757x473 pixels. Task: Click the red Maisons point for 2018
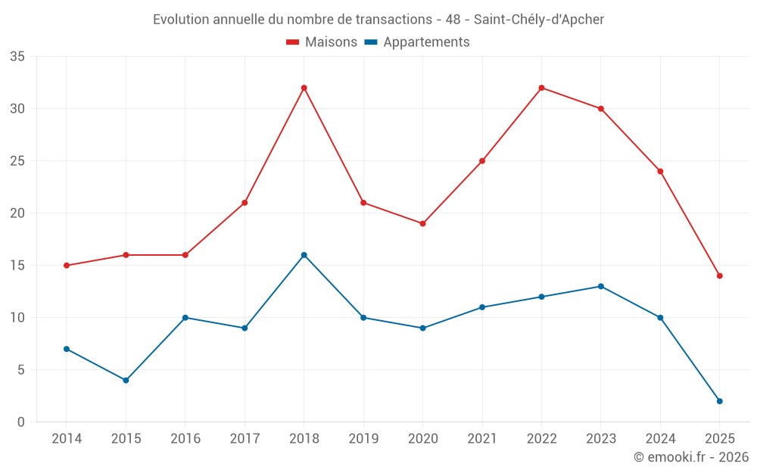tap(304, 88)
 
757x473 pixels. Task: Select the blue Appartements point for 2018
tap(304, 255)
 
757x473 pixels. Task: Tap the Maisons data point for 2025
tap(720, 276)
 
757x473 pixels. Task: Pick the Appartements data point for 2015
tap(126, 381)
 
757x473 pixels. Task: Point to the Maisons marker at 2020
tap(423, 224)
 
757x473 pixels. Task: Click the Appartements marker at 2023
tap(601, 287)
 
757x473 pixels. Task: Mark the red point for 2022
tap(542, 88)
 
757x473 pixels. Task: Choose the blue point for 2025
tap(720, 401)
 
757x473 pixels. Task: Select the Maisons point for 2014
tap(67, 266)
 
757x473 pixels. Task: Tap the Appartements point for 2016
tap(185, 318)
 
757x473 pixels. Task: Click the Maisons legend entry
tap(322, 42)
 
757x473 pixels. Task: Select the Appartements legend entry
tap(417, 42)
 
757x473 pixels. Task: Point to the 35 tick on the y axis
tap(17, 57)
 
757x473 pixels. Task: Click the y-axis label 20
tap(17, 213)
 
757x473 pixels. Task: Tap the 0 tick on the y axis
tap(21, 422)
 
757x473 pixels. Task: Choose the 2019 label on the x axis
tap(363, 439)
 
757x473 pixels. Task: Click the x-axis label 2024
tap(660, 439)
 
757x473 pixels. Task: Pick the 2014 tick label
tap(67, 439)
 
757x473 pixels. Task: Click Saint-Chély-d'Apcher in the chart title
tap(539, 20)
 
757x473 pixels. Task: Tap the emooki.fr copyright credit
tap(691, 457)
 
